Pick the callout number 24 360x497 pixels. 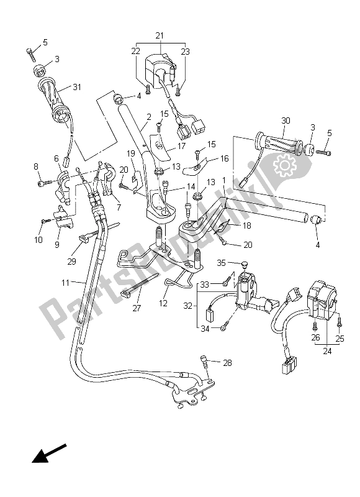click(x=327, y=349)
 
